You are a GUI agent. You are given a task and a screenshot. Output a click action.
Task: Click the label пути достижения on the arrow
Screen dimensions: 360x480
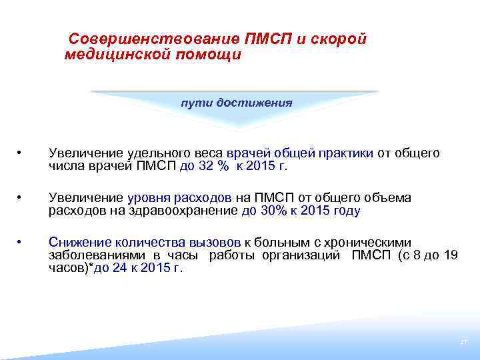coord(237,103)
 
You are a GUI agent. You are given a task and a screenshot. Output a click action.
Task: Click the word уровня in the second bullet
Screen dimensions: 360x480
coord(148,198)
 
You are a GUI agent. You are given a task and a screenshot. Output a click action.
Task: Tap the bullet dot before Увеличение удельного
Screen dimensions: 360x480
coord(21,153)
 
